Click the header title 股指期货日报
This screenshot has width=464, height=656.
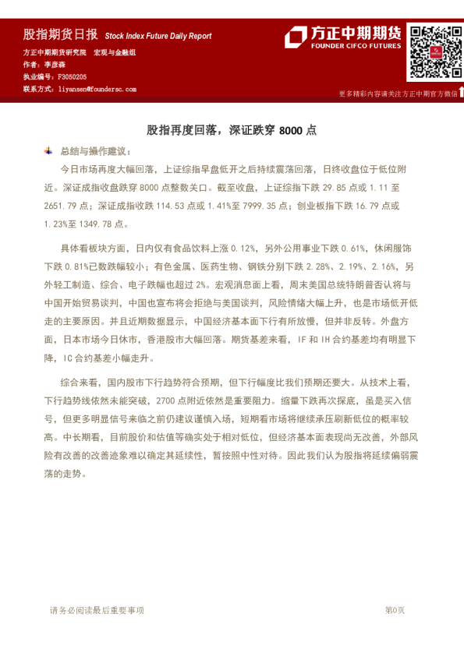60,35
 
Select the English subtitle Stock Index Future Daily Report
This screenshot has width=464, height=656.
158,37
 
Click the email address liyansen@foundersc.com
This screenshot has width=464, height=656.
97,90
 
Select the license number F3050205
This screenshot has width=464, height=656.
73,77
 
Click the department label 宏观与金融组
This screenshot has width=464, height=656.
114,52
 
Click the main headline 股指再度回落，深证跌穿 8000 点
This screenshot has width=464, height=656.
232,130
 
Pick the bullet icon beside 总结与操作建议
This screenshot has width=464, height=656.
48,150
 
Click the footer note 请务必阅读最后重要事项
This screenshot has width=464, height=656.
97,610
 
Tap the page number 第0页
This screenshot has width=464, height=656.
395,610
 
